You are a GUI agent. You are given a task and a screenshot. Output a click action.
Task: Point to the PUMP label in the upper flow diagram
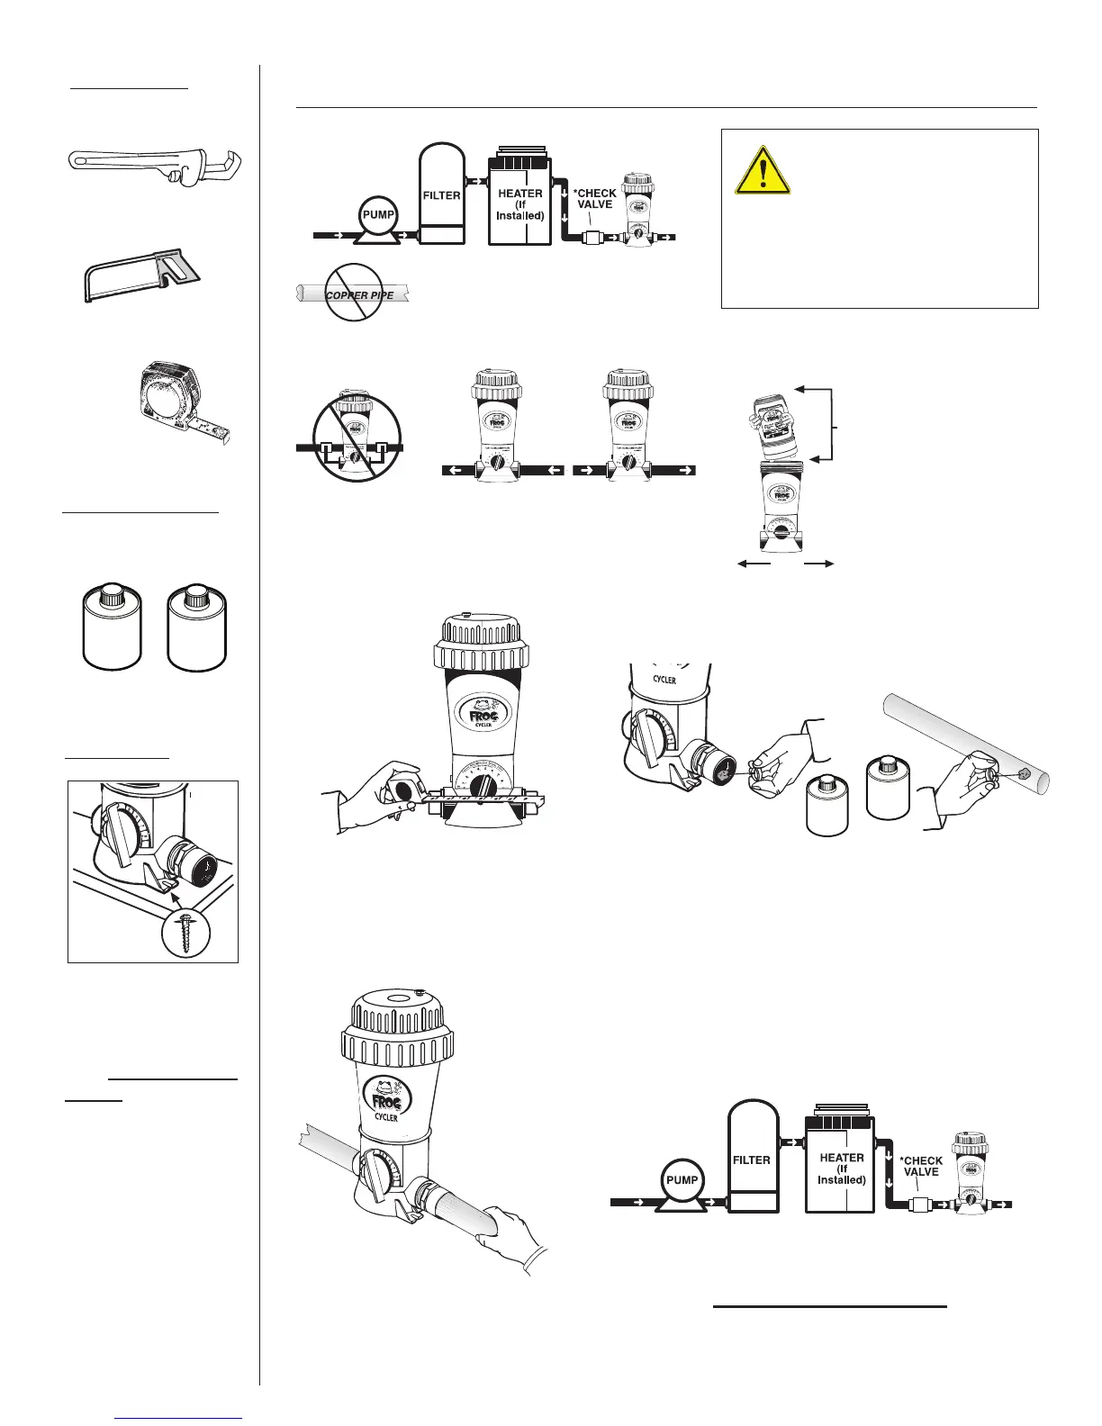point(378,214)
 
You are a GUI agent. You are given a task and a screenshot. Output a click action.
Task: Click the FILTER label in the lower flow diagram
point(751,1160)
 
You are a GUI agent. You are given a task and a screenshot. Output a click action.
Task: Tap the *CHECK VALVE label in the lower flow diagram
point(921,1166)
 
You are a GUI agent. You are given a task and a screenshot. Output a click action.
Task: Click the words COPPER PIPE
point(359,295)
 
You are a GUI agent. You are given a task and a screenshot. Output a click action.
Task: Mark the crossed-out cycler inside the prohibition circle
point(351,432)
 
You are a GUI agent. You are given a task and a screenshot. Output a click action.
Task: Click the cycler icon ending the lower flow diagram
point(971,1170)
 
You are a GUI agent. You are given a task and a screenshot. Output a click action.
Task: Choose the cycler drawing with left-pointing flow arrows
point(501,428)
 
